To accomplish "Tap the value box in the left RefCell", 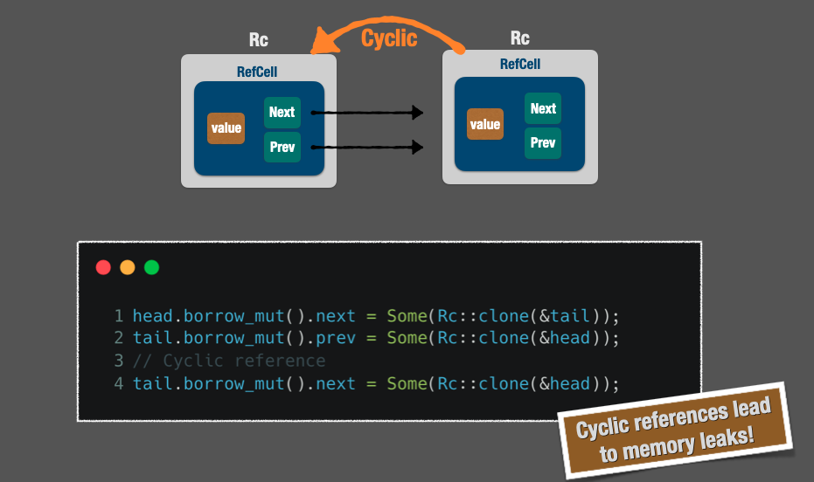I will click(226, 128).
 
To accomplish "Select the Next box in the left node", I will click(282, 113).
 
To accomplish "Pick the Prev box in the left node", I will click(282, 148).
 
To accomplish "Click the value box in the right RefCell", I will click(485, 124).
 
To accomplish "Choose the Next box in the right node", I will click(543, 109).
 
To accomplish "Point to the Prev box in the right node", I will click(543, 143).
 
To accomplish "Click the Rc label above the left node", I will click(259, 40).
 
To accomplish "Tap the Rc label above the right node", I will click(520, 38).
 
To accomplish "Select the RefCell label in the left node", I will click(257, 72).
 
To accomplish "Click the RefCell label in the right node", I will click(520, 65).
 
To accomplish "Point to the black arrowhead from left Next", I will click(418, 113).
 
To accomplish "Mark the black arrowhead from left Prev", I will click(418, 148).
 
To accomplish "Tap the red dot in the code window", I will click(103, 267).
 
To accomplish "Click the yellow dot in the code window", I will click(128, 267).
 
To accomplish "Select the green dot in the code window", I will click(152, 267).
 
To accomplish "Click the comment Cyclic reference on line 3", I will click(229, 361).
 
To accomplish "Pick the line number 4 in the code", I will click(118, 383).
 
